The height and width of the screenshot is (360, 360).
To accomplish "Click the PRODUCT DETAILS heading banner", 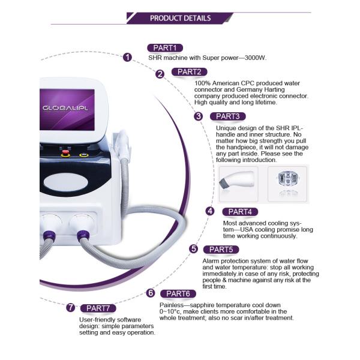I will click(180, 18).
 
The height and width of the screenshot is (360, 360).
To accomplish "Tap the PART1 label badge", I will click(164, 48).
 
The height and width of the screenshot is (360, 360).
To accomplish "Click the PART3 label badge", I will click(227, 116).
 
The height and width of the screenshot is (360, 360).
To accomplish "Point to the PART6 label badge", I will click(178, 293).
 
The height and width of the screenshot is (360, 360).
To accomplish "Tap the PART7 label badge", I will click(97, 308).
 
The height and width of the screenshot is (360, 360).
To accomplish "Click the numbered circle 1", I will click(127, 58).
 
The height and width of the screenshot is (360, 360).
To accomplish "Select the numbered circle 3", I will click(199, 116).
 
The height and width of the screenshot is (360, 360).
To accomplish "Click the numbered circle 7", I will click(70, 308).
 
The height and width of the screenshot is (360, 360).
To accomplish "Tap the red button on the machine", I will click(66, 155).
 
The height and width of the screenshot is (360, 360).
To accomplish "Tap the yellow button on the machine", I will click(83, 155).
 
